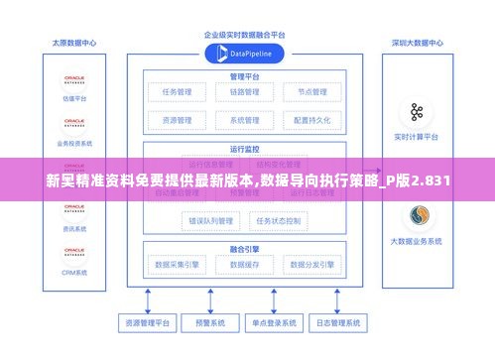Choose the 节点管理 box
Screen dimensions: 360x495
(310, 93)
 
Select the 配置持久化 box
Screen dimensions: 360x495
(310, 120)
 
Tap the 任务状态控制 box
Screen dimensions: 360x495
(281, 220)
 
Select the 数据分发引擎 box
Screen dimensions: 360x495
(310, 265)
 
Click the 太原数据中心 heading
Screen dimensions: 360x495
(74, 44)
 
